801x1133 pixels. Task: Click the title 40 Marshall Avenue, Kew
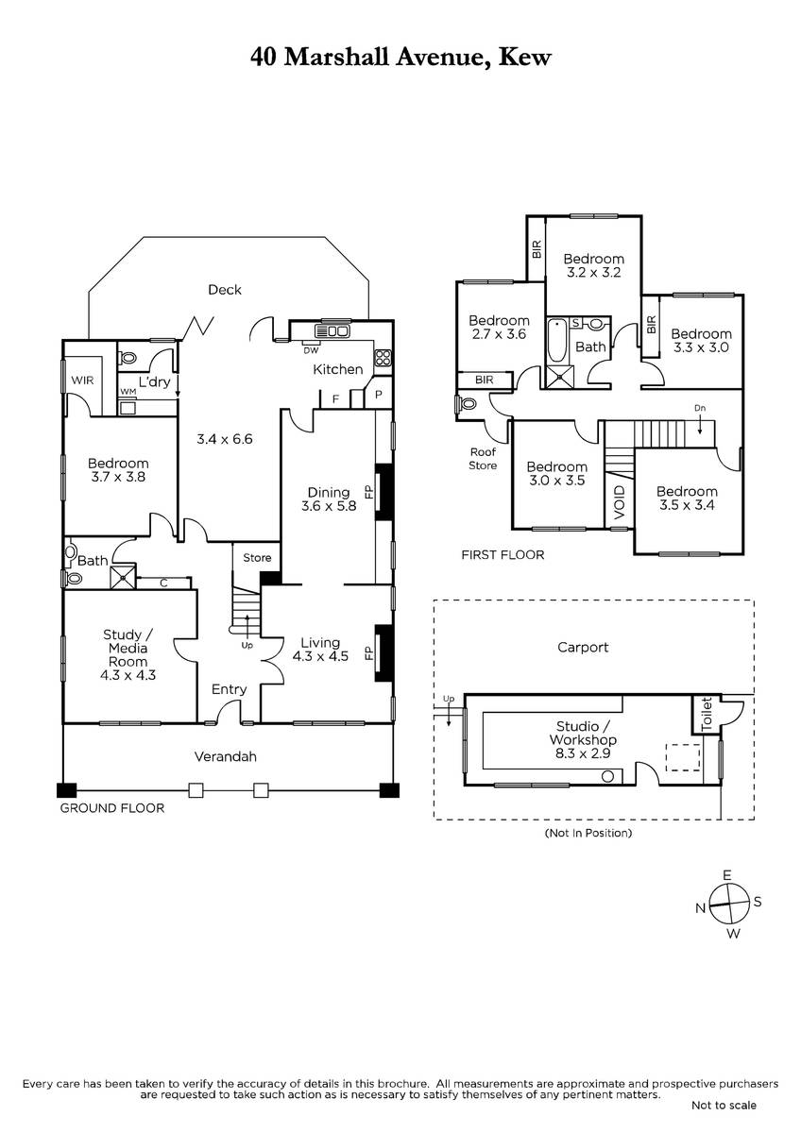coord(400,58)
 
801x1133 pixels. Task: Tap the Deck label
coord(225,290)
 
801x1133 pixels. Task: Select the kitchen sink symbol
coord(332,331)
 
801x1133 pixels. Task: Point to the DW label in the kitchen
coord(311,350)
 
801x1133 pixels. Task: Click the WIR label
coord(82,380)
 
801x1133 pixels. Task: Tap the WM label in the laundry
coord(128,392)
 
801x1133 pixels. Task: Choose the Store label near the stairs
coord(257,557)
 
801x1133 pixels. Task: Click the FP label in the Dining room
coord(369,492)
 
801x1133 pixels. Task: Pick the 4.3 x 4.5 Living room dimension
coord(320,656)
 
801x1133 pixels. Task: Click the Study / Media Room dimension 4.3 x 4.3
coord(128,675)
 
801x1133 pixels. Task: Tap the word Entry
coord(229,689)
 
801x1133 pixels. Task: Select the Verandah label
coord(225,756)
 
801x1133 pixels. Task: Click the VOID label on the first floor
coord(620,502)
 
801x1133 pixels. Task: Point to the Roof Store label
coord(483,459)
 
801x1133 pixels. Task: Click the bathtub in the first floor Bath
coord(557,340)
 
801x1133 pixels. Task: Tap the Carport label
coord(583,647)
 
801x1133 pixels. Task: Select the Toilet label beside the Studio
coord(707,714)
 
